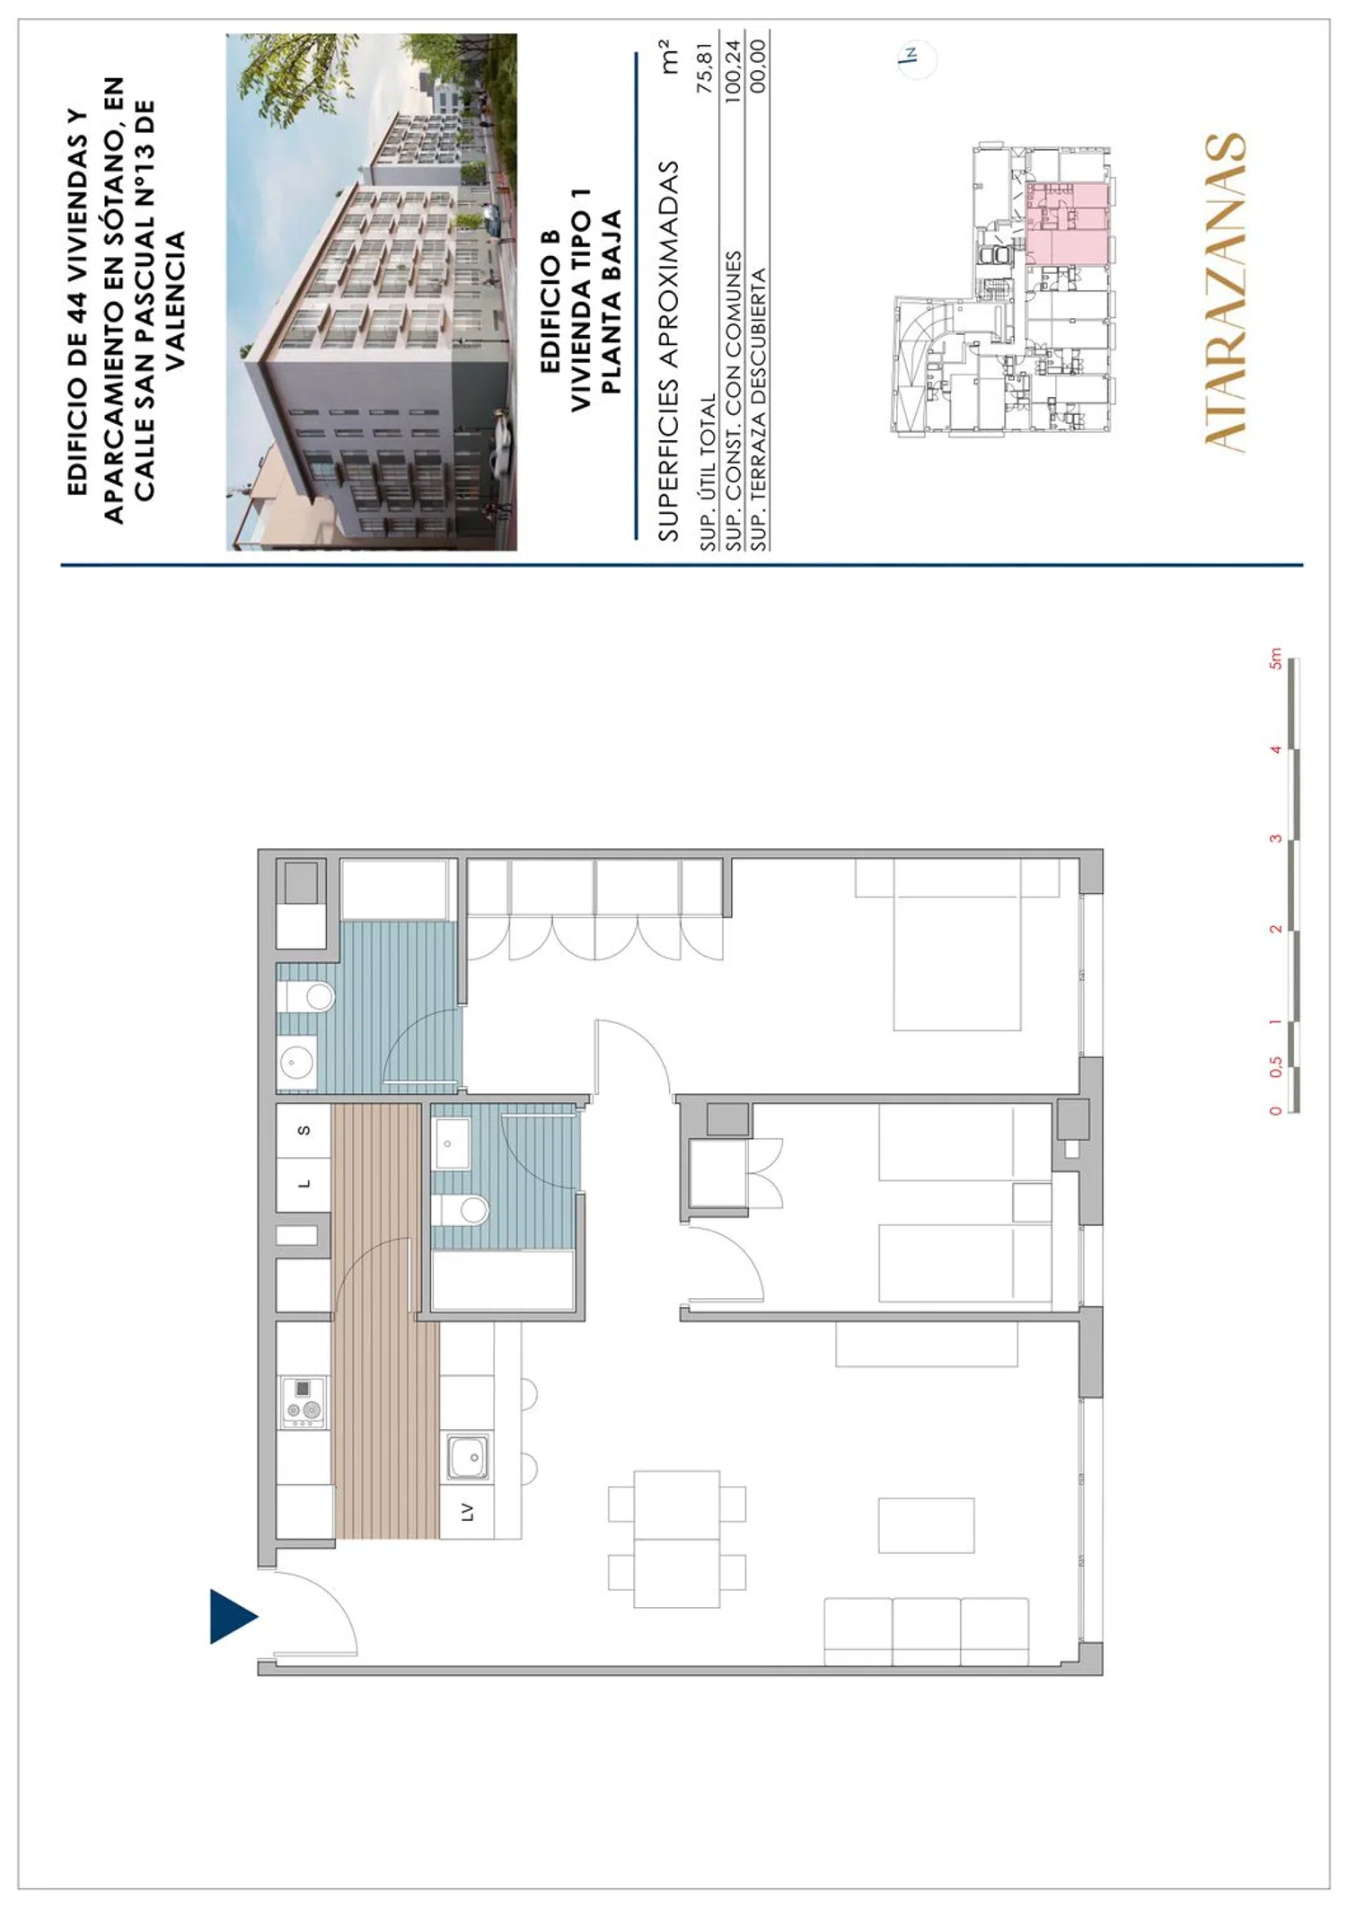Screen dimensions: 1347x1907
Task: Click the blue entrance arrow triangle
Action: (232, 1616)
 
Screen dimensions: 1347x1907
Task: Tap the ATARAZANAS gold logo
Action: (1224, 291)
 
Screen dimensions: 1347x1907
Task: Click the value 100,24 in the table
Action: (732, 71)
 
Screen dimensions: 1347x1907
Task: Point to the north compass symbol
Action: (915, 58)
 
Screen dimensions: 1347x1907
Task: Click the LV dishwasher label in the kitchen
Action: (466, 1512)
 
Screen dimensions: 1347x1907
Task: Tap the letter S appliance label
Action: (304, 1130)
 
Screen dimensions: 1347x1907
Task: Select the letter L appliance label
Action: (304, 1185)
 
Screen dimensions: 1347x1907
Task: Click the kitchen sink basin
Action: (468, 1457)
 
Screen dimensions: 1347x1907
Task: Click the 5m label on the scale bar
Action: (1275, 658)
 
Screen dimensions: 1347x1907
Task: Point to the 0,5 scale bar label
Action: (1275, 1067)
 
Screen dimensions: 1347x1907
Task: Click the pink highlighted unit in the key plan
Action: (1067, 224)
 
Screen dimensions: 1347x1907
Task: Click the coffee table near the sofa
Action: (926, 1524)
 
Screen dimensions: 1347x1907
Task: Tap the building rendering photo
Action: (371, 292)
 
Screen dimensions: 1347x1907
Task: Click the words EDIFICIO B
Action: (550, 301)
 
